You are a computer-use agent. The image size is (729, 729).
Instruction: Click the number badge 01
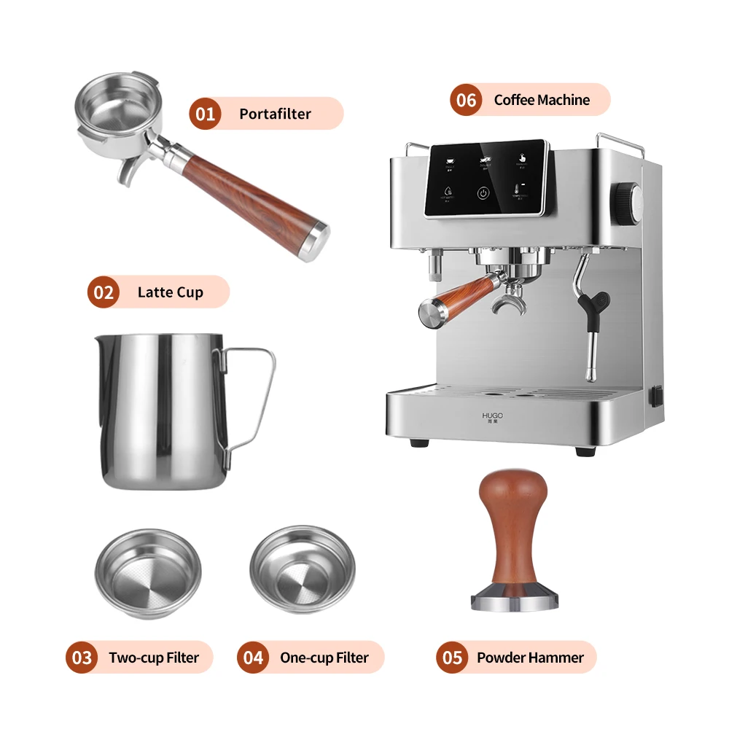pos(205,114)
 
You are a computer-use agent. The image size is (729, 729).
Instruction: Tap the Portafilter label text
pos(275,114)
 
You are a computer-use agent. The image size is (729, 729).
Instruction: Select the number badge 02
pos(104,292)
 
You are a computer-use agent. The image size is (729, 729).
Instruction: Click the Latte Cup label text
pos(170,292)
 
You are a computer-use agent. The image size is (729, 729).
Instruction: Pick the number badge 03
pos(82,658)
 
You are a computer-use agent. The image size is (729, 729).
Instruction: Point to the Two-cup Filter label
pos(154,658)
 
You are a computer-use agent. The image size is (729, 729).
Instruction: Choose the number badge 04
pos(253,658)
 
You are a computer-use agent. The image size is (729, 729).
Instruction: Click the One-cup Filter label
pos(324,658)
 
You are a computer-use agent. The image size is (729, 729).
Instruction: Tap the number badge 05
pos(452,658)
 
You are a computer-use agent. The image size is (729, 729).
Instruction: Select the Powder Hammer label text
pos(530,658)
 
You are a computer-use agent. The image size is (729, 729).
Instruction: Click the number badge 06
pos(466,100)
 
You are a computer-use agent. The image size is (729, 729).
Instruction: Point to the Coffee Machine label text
pos(542,100)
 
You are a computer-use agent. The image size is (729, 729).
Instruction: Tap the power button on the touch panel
pos(483,193)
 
